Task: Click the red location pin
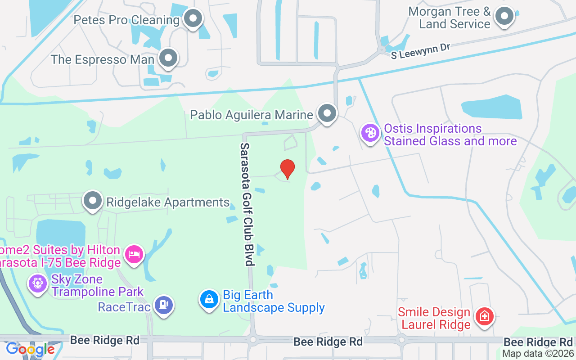(x=287, y=168)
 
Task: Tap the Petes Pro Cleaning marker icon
(x=193, y=19)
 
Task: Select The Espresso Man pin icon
(x=169, y=58)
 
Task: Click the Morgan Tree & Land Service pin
(x=504, y=17)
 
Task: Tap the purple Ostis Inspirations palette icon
(x=370, y=133)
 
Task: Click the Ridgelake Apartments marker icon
(x=93, y=201)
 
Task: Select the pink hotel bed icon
(x=134, y=254)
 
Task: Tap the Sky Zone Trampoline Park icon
(x=37, y=283)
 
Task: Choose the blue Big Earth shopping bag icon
(x=209, y=299)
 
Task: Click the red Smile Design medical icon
(x=485, y=316)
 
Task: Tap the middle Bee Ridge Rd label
(x=328, y=342)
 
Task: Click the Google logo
(x=30, y=349)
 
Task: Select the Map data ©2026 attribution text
(x=538, y=354)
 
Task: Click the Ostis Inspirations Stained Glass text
(x=450, y=135)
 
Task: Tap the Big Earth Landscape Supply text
(x=274, y=301)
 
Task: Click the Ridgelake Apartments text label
(x=168, y=202)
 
